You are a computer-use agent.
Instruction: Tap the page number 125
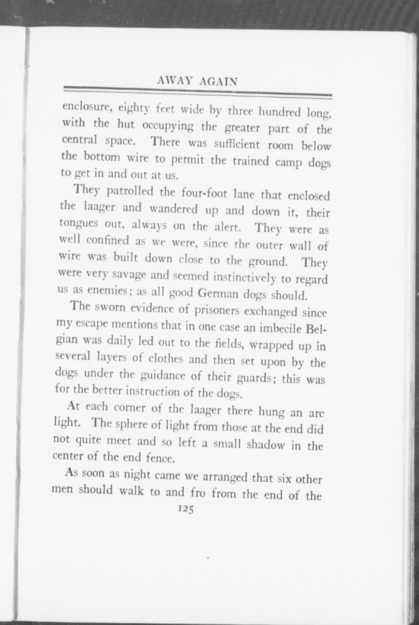point(186,509)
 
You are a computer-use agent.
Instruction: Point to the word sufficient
point(237,144)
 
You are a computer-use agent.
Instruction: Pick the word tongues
point(79,223)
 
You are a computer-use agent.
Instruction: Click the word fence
point(160,458)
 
